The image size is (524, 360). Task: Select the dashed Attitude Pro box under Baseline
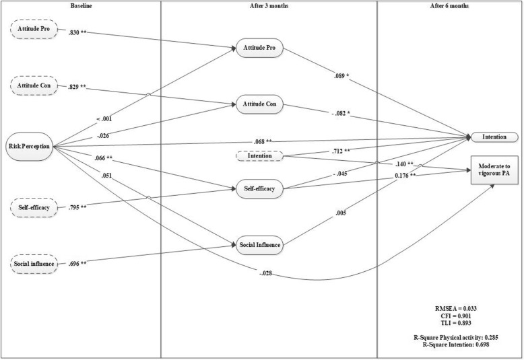coord(32,30)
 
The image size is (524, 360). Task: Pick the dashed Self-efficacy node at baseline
coord(32,207)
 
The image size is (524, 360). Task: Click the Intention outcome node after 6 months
coord(495,137)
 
